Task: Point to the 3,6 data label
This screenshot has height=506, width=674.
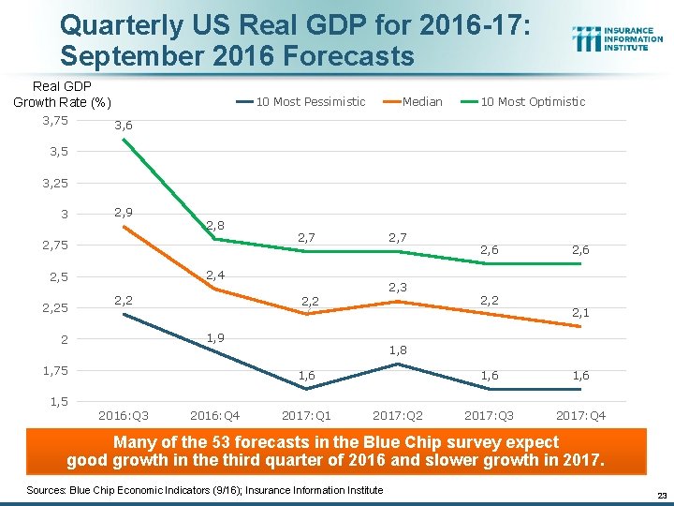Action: [123, 126]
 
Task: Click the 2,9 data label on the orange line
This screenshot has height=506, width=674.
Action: [123, 213]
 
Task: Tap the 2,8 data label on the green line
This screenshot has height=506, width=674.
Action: [215, 225]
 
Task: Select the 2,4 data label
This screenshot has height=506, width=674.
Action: [215, 275]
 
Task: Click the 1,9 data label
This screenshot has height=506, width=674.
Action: [215, 337]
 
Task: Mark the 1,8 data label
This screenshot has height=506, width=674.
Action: [398, 350]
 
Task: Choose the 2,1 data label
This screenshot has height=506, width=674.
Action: [580, 312]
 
